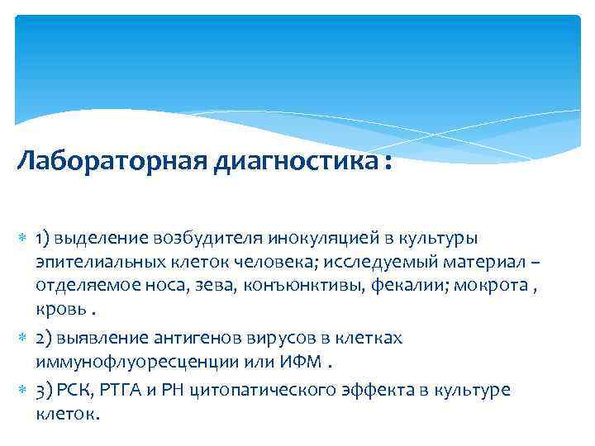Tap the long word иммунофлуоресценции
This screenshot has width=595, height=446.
[119, 363]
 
